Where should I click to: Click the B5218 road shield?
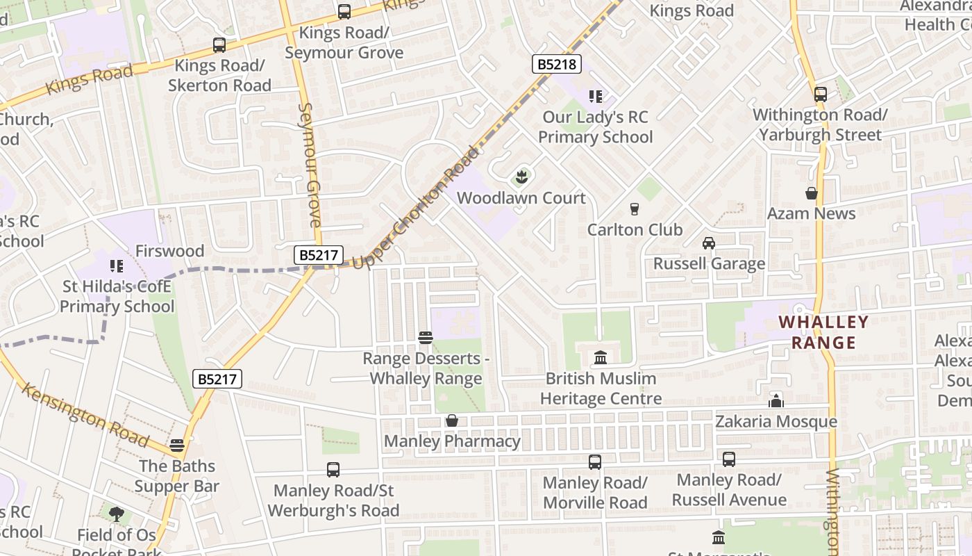point(557,65)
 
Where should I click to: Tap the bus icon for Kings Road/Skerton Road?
point(219,45)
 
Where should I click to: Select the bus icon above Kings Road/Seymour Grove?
point(344,12)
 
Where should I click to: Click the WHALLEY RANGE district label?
point(823,332)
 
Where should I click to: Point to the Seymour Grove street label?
point(310,165)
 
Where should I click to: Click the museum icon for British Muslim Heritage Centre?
point(601,358)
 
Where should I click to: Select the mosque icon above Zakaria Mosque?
point(776,401)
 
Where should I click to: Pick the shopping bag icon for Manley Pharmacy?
point(452,420)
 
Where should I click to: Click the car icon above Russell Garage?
point(709,243)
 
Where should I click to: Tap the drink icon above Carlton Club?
point(634,208)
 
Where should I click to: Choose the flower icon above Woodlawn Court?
point(521,177)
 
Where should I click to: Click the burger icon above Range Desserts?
point(426,338)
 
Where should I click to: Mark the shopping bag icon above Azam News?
point(811,193)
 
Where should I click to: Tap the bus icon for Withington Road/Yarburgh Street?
point(820,94)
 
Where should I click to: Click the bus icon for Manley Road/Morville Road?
point(595,461)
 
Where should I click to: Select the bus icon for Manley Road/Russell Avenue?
point(729,459)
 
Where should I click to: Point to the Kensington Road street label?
point(85,414)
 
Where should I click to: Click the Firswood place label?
point(169,251)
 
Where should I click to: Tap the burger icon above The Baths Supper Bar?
point(177,445)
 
